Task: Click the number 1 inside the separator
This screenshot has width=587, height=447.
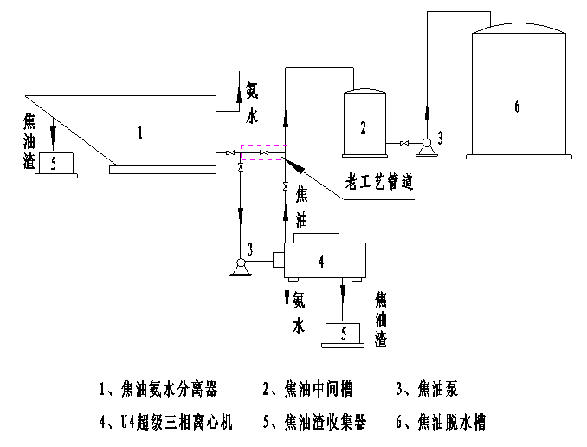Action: [139, 132]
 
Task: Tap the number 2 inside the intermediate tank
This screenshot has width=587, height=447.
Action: [364, 128]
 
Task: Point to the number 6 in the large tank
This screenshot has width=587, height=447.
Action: [517, 106]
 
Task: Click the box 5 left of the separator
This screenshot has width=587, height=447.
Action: [55, 163]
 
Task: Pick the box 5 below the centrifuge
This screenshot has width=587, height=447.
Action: [345, 333]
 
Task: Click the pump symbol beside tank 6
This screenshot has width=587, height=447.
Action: [426, 145]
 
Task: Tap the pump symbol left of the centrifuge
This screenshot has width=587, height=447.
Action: [240, 266]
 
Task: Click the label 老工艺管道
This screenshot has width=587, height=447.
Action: [379, 182]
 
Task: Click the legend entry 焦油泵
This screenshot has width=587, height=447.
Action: [430, 389]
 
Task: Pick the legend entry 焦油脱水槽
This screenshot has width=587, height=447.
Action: [443, 423]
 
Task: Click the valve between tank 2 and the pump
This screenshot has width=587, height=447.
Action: [403, 142]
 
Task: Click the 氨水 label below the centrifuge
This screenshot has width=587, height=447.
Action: [299, 313]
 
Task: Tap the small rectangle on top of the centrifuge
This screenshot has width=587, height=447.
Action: [316, 237]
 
